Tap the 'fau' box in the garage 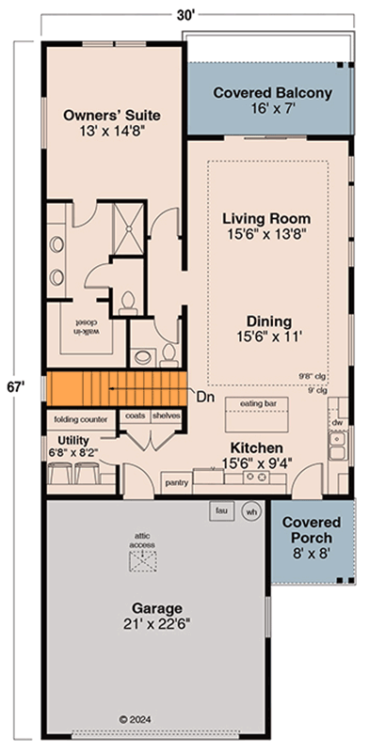[223, 510]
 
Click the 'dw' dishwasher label [336, 424]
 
